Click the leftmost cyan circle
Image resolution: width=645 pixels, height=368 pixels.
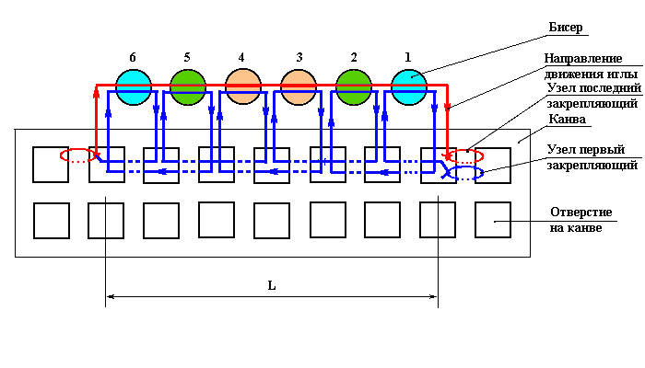click(x=134, y=86)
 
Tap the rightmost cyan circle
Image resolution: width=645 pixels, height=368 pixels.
click(x=409, y=86)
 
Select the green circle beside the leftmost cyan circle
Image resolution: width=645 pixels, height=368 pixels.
click(x=188, y=86)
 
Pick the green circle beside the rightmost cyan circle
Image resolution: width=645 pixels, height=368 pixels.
click(x=354, y=86)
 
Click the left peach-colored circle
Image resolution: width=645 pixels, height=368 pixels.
click(x=243, y=86)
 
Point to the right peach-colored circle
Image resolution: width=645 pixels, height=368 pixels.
click(x=299, y=86)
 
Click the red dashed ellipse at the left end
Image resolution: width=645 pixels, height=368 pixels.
click(x=78, y=155)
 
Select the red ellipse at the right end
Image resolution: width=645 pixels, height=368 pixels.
click(x=465, y=156)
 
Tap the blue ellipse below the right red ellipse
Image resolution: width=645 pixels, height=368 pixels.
click(x=466, y=173)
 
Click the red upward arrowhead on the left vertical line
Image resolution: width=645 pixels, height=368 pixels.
click(x=96, y=92)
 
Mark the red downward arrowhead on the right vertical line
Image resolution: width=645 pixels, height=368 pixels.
click(x=447, y=107)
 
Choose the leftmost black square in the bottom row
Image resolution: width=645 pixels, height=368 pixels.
click(x=52, y=221)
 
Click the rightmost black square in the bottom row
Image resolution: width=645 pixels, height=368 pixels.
click(x=493, y=221)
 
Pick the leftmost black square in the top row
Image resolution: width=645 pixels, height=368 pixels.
click(x=51, y=165)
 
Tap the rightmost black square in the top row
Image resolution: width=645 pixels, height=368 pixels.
click(x=493, y=165)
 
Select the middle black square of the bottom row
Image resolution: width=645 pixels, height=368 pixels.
click(x=272, y=221)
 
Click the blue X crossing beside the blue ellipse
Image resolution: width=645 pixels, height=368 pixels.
click(x=449, y=171)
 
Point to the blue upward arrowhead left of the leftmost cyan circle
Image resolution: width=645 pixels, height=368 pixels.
click(x=109, y=114)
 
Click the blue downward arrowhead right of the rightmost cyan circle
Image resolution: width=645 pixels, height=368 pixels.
click(x=434, y=109)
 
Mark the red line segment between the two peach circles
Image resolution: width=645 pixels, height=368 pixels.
click(x=271, y=86)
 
